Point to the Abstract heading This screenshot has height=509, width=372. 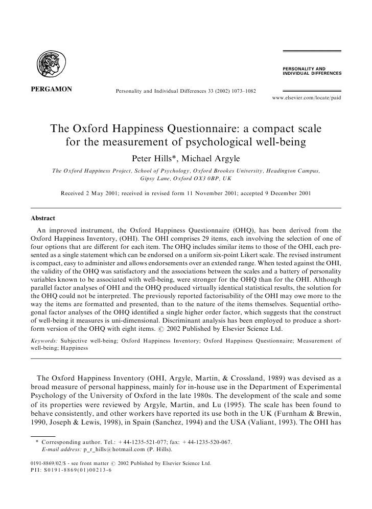point(43,218)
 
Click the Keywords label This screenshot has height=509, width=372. point(44,340)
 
